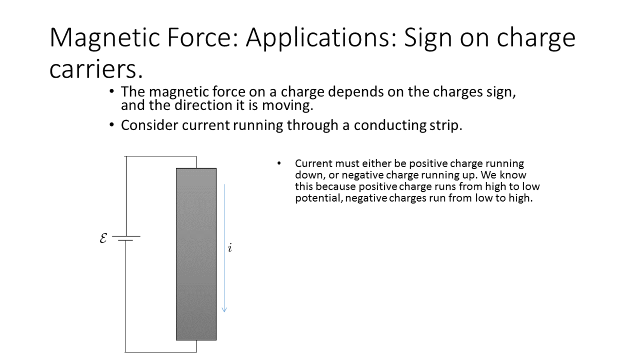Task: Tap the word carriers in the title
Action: pyautogui.click(x=96, y=69)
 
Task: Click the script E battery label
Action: pyautogui.click(x=103, y=238)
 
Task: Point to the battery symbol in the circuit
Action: pyautogui.click(x=126, y=238)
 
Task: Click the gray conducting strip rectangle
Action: pyautogui.click(x=196, y=254)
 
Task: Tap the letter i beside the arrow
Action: pyautogui.click(x=230, y=248)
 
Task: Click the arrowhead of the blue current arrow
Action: pyautogui.click(x=224, y=310)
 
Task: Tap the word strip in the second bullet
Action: pyautogui.click(x=446, y=125)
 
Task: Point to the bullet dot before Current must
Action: pyautogui.click(x=279, y=163)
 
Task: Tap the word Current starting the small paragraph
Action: pyautogui.click(x=313, y=164)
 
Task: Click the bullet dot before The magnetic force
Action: pyautogui.click(x=112, y=92)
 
